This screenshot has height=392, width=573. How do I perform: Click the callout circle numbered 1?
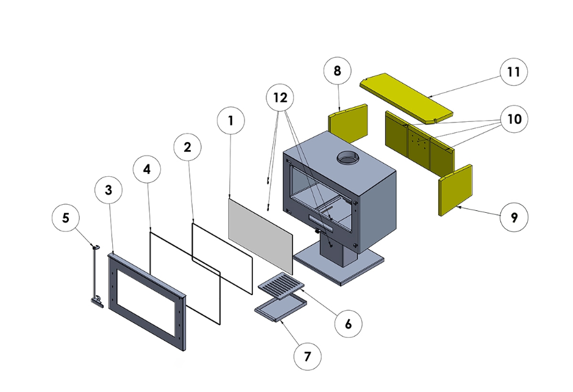(230, 121)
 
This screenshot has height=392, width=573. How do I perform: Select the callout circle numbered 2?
(187, 147)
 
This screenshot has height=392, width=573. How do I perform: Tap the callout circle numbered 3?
(109, 190)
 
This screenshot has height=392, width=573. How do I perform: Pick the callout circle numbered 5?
(66, 216)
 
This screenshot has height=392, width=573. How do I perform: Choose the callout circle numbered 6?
(349, 323)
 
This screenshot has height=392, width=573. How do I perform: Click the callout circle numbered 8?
(338, 71)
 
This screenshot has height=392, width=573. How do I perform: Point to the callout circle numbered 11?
(513, 72)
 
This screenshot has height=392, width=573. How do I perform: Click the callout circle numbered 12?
(280, 98)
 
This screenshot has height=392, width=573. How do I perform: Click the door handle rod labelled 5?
(95, 274)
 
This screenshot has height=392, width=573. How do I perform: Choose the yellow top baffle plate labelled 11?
(406, 97)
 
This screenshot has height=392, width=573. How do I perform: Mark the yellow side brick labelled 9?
(455, 190)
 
